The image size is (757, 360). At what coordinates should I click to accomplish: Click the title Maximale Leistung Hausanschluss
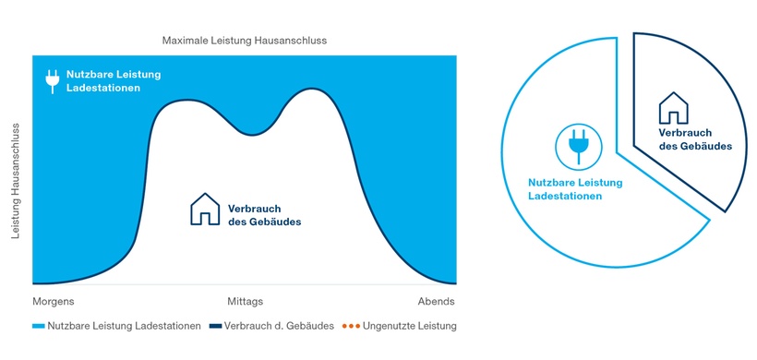244,42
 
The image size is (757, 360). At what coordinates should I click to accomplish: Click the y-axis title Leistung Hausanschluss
17,179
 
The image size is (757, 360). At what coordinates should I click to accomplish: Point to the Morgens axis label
54,302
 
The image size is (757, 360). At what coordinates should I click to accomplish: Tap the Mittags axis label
245,302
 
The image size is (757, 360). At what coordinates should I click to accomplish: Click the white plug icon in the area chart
53,81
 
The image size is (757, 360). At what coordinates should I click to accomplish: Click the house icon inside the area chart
204,210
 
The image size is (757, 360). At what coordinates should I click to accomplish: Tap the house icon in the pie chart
673,108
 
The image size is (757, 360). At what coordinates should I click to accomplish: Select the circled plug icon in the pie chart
578,146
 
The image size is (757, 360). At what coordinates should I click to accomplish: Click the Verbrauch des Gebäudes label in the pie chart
695,139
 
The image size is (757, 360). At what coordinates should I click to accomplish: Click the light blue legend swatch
38,327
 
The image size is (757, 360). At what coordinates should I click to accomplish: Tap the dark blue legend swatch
215,327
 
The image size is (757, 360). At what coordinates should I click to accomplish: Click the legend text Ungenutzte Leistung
410,326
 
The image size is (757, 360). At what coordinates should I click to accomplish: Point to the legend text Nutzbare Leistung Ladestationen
124,326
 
